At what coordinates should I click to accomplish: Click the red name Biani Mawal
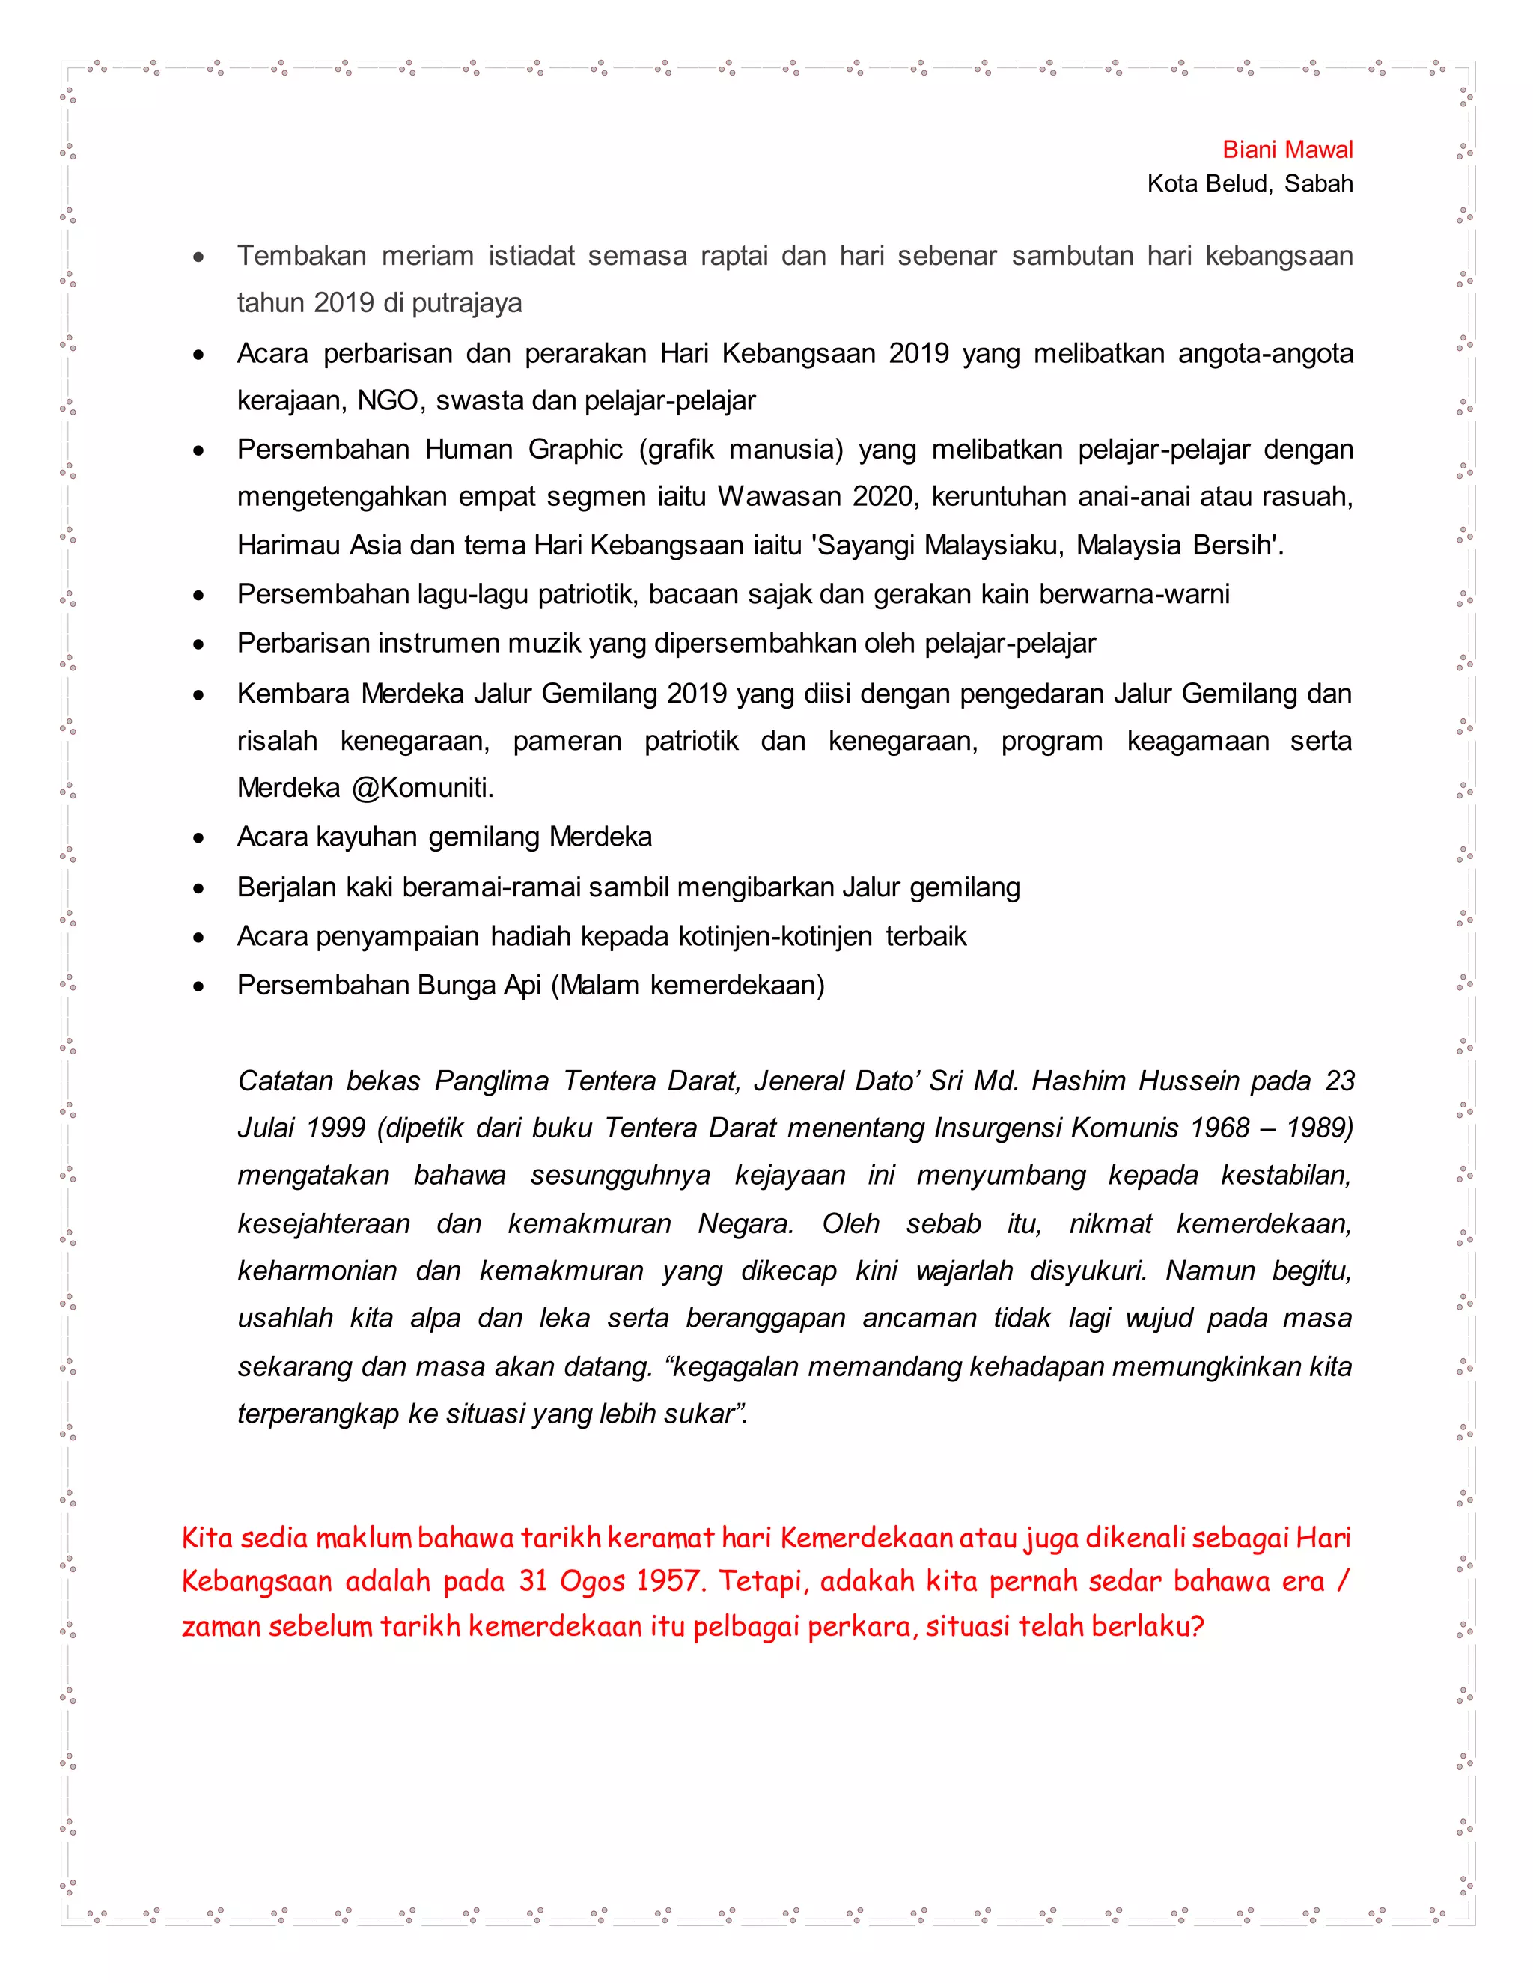(x=1287, y=150)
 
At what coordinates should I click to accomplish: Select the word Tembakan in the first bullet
(x=302, y=256)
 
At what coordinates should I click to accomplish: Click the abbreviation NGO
(x=388, y=400)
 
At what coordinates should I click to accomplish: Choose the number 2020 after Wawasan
(x=884, y=497)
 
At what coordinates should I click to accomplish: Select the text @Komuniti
(x=422, y=787)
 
